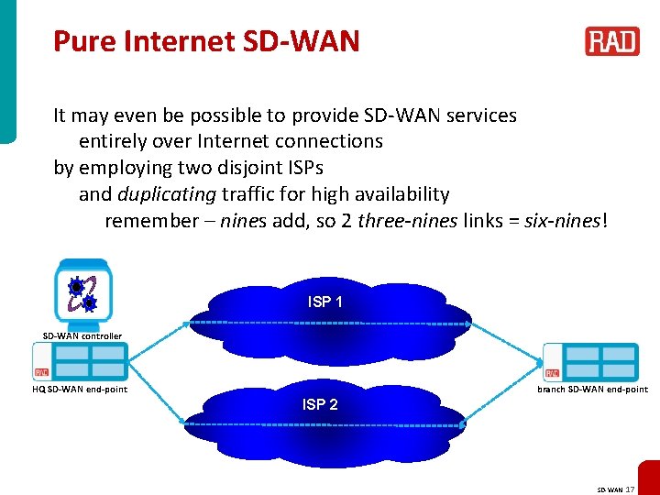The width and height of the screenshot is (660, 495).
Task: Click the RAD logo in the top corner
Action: point(611,41)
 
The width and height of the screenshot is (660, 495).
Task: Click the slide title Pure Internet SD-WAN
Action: point(206,41)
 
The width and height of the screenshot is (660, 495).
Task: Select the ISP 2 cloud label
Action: point(320,404)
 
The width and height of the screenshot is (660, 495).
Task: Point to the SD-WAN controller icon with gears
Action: point(82,291)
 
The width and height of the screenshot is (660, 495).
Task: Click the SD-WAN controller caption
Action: point(82,335)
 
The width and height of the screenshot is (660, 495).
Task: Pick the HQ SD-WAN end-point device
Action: point(82,361)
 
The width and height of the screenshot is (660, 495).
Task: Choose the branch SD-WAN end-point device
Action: point(590,361)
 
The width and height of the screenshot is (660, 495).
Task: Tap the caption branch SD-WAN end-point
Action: point(592,390)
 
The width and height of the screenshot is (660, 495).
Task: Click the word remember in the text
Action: point(145,221)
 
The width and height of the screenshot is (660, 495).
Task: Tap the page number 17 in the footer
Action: point(629,489)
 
